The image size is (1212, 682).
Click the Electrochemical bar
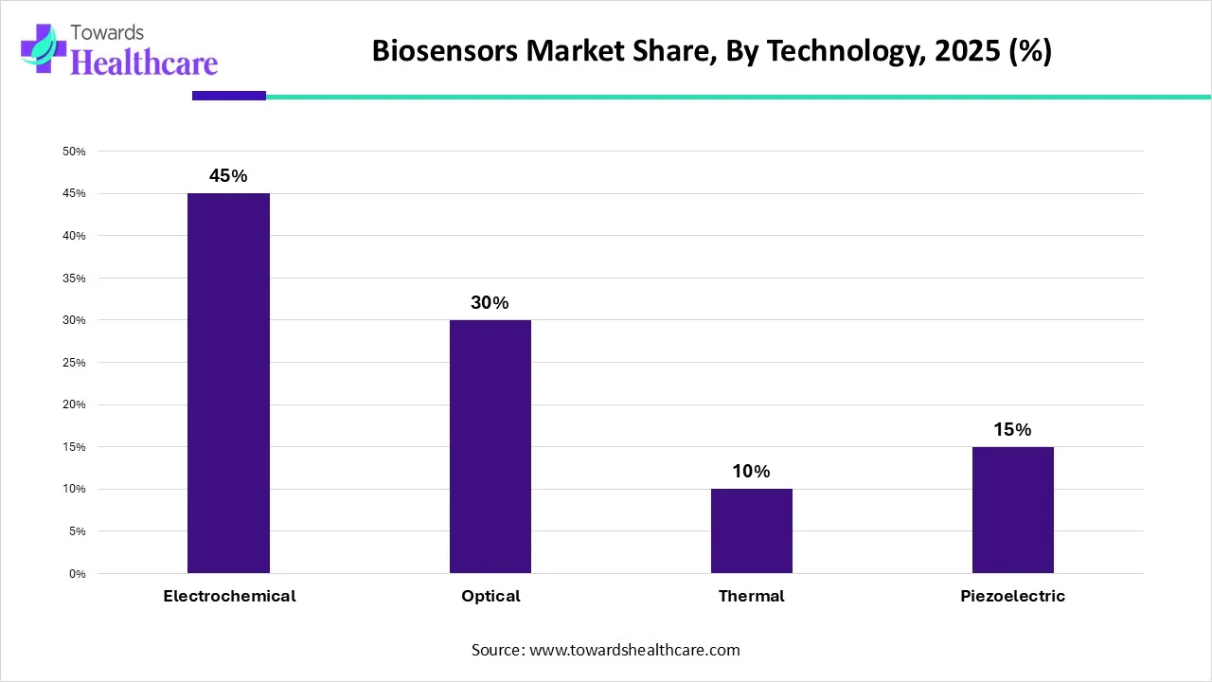click(x=228, y=383)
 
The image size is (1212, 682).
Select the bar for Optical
click(x=490, y=446)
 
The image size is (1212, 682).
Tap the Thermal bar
click(x=752, y=530)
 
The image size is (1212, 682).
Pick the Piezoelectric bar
click(x=1013, y=510)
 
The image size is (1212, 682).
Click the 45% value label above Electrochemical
click(x=228, y=176)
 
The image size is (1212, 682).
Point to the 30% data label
click(x=490, y=303)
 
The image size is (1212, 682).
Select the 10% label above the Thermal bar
click(x=751, y=472)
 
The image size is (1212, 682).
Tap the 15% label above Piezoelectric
click(x=1012, y=430)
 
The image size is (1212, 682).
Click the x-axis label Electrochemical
click(x=229, y=597)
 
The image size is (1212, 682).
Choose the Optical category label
click(x=490, y=597)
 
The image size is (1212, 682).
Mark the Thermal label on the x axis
click(x=752, y=597)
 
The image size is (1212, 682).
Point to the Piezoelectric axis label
click(x=1013, y=597)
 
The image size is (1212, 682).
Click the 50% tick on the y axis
click(x=74, y=152)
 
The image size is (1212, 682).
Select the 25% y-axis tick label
click(x=74, y=363)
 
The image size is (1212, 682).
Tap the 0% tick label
click(x=78, y=574)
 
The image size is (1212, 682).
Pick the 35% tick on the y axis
click(x=74, y=278)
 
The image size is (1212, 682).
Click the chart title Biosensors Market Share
click(x=711, y=51)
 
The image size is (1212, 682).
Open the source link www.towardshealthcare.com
click(x=634, y=651)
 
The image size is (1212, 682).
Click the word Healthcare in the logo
click(x=144, y=63)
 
